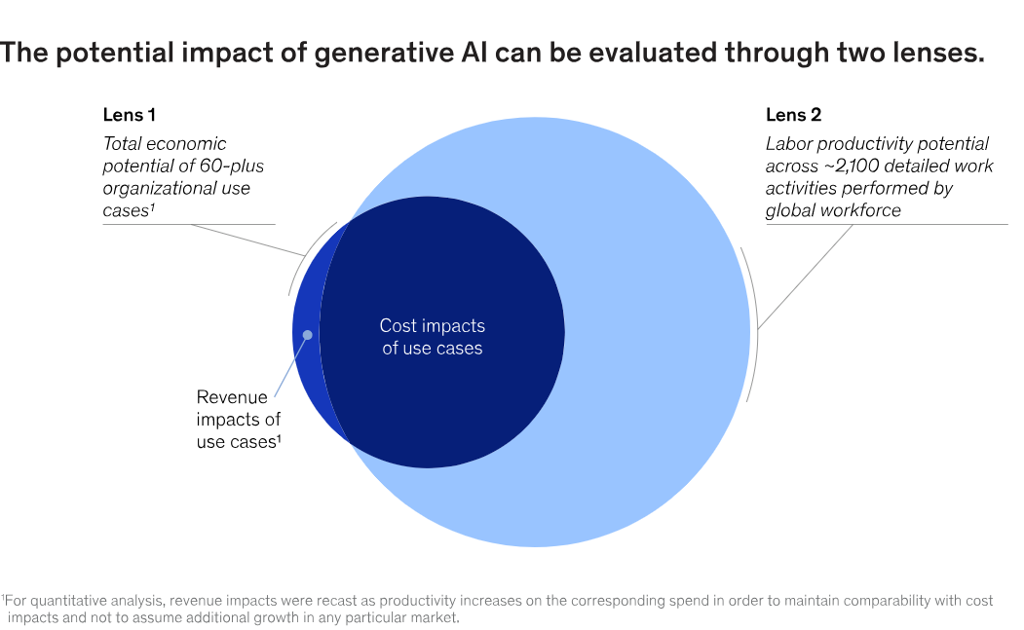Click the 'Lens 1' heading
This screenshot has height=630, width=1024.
tap(129, 115)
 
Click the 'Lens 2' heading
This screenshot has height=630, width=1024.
tap(793, 115)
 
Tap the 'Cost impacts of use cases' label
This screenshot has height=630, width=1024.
tap(432, 336)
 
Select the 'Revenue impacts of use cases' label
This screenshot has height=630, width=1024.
tap(239, 420)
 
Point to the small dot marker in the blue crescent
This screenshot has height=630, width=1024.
tap(307, 335)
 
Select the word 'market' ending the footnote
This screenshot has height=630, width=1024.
tap(432, 616)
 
